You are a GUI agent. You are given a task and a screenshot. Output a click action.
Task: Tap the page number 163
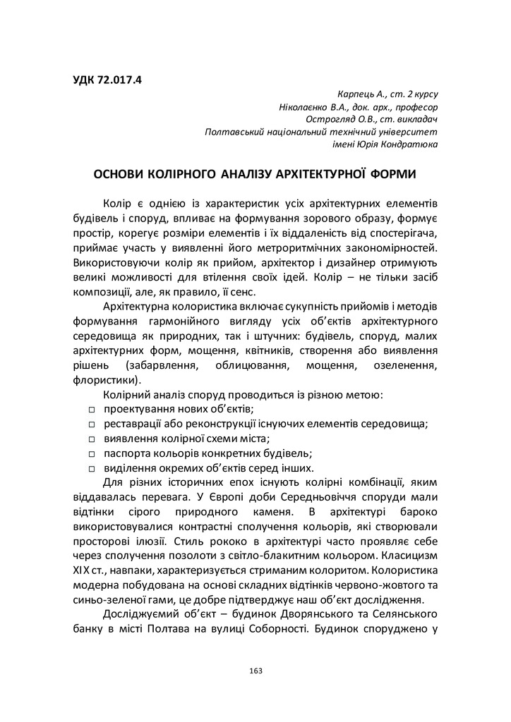pos(255,670)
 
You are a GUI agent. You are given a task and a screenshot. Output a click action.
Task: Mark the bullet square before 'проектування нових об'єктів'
pos(92,410)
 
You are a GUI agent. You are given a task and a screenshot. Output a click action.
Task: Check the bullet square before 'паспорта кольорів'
pos(92,454)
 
